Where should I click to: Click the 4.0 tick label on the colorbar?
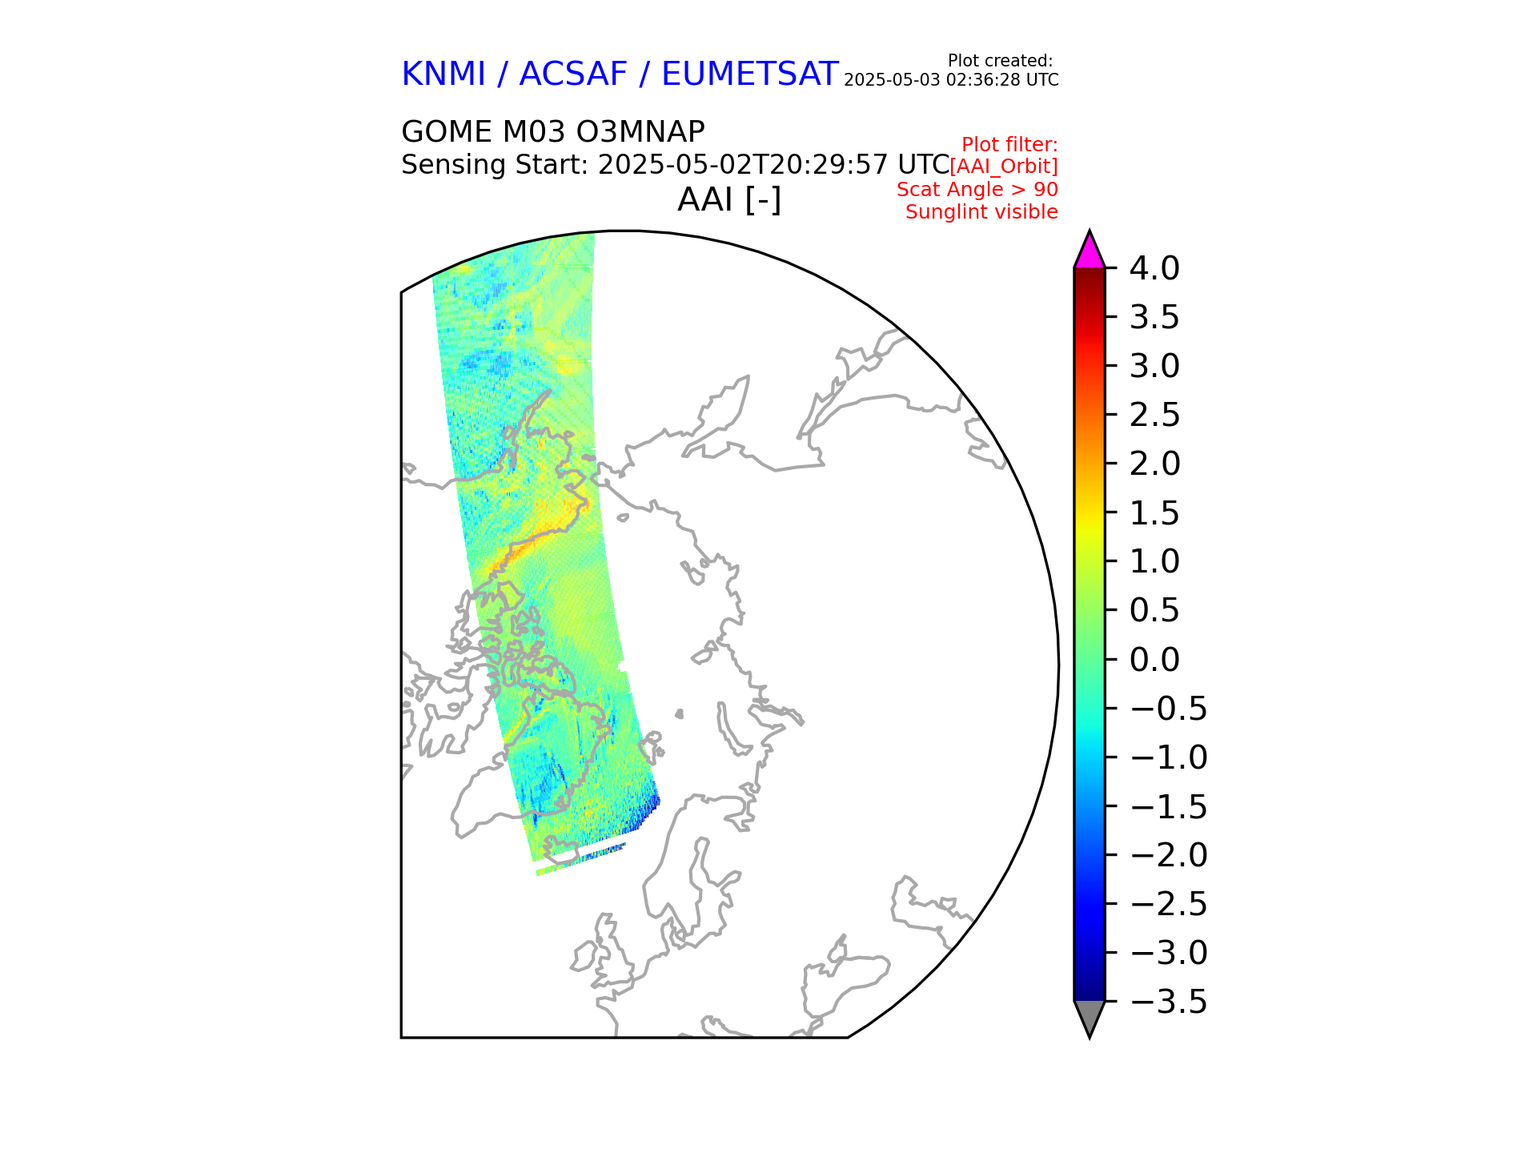pos(1154,269)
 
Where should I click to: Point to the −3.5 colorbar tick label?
pos(1169,1002)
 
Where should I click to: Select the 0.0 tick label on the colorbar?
pos(1154,660)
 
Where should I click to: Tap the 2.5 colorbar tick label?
pos(1154,416)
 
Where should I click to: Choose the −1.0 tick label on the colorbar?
pos(1169,757)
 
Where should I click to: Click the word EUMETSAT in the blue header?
pos(749,74)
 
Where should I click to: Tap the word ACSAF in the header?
pos(573,74)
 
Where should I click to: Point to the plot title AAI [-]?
pos(728,199)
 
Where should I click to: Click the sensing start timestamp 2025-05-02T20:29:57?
pos(743,165)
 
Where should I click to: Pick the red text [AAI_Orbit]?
pos(1003,167)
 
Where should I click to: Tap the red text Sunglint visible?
pos(981,212)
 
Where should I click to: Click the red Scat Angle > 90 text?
pos(977,190)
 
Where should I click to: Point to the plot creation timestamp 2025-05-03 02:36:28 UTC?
pos(951,80)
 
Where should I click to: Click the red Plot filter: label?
pos(1009,145)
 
